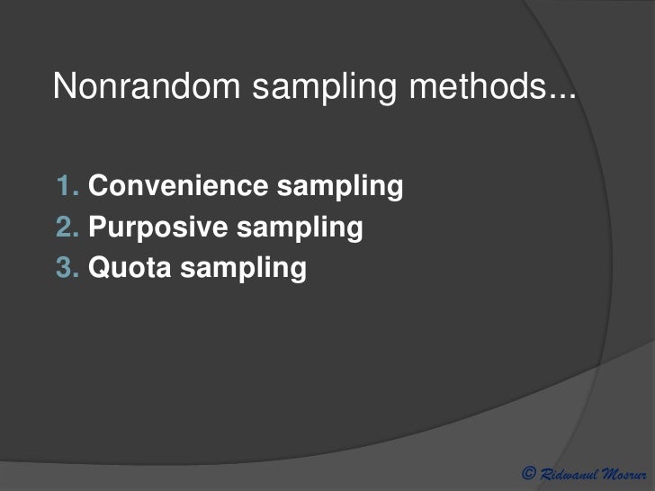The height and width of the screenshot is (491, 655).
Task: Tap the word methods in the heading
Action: (x=469, y=86)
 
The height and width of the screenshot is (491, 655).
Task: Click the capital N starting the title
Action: (x=64, y=86)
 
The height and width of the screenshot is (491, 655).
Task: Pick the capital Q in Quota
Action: (x=98, y=267)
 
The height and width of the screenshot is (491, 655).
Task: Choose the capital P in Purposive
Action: (x=97, y=227)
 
